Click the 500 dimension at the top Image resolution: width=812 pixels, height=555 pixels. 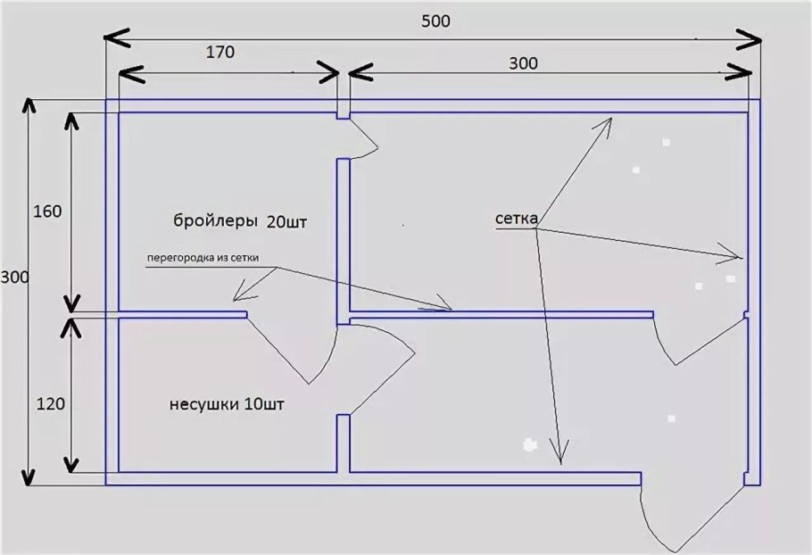435,21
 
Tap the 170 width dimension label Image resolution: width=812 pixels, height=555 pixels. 220,53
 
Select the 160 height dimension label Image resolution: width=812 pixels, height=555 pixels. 47,211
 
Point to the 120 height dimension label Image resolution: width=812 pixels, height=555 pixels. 51,403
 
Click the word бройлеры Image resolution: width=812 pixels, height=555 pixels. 216,221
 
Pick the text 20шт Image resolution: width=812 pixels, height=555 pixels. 287,222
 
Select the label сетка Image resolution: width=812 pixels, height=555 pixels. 517,219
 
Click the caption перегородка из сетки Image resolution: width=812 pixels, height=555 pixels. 203,257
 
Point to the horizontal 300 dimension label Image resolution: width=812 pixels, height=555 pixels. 523,63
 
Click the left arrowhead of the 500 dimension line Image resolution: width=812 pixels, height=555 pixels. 105,37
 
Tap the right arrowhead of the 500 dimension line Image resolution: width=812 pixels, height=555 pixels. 761,39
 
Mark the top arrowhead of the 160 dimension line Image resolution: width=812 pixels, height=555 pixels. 72,113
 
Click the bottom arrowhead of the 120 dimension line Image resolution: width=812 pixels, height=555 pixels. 72,472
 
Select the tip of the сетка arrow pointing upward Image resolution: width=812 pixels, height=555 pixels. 612,118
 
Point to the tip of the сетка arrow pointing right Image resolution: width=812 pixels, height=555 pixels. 742,257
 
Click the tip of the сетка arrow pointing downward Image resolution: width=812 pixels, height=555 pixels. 560,464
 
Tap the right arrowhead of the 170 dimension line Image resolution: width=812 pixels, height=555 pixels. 339,73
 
